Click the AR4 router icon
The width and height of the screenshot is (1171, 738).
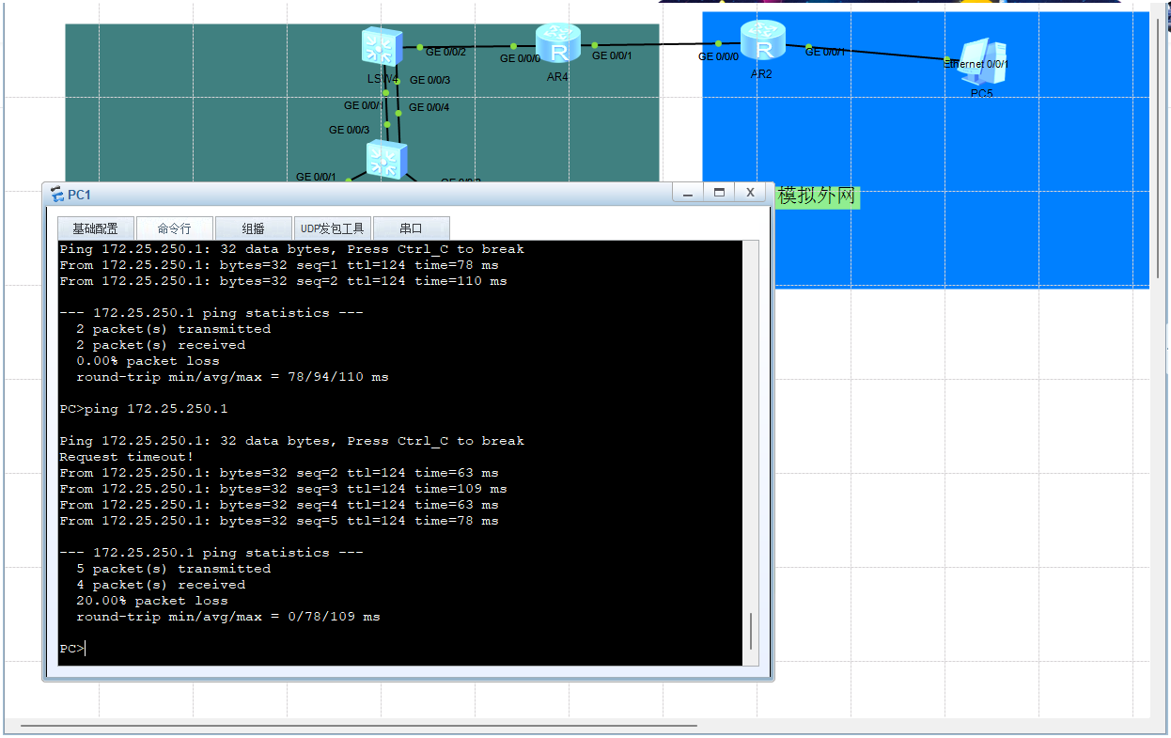point(558,43)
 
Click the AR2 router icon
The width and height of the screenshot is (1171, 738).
point(763,39)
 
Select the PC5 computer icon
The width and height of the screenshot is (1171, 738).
point(984,62)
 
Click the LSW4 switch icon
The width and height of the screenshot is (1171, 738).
point(383,47)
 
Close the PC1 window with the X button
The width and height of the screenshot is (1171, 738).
point(750,193)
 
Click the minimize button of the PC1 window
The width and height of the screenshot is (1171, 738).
point(688,193)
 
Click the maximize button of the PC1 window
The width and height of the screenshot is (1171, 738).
point(719,193)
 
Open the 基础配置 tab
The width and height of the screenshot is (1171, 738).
point(95,228)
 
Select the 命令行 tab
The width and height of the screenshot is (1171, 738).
point(174,228)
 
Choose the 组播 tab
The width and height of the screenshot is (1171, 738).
point(253,228)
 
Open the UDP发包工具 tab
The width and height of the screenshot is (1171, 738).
point(332,228)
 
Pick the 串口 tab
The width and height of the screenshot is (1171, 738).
point(411,228)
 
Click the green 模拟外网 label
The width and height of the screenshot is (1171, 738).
point(817,196)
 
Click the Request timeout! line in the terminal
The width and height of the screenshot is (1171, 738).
point(126,457)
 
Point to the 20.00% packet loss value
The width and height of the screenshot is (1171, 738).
point(152,601)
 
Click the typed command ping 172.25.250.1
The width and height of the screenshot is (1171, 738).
point(156,409)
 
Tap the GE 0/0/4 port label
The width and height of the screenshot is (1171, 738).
point(429,107)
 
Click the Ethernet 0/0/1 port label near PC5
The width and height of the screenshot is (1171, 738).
point(976,64)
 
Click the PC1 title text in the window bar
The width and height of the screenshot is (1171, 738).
point(79,196)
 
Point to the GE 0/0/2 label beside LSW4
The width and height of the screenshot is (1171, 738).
point(445,52)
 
